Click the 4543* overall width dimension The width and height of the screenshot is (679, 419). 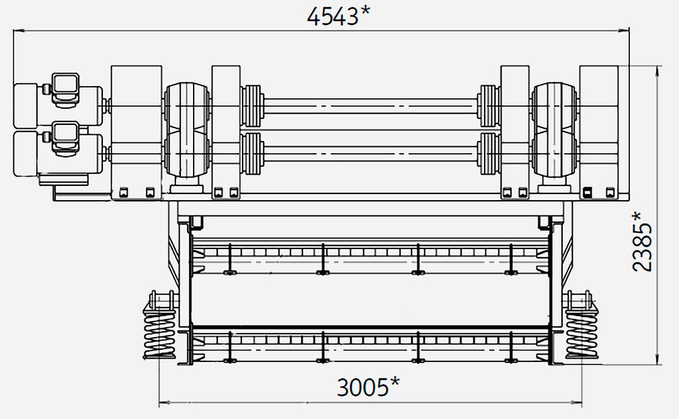tap(339, 16)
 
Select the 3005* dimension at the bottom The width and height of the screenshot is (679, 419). tap(368, 387)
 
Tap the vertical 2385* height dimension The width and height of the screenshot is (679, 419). tap(642, 241)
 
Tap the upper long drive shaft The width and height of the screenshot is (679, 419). tap(370, 106)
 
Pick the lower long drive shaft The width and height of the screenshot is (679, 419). tap(370, 154)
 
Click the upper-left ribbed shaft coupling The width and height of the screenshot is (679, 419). tap(252, 106)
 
